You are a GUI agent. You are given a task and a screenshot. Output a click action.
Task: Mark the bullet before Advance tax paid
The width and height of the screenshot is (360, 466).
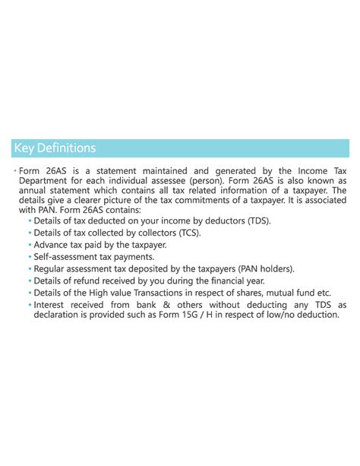(x=30, y=245)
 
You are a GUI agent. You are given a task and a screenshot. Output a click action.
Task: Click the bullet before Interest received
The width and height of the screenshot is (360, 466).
(x=30, y=305)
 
